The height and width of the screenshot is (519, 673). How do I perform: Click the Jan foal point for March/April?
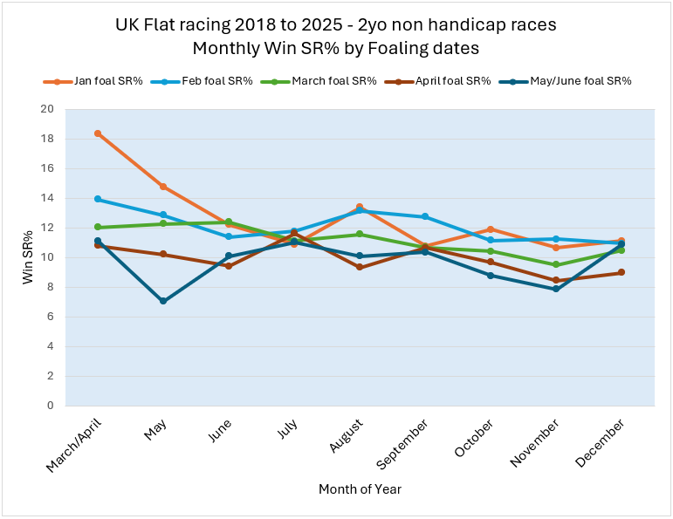pos(98,133)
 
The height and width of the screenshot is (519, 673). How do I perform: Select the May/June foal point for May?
pos(163,301)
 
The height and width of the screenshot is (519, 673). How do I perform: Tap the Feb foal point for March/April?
pos(98,199)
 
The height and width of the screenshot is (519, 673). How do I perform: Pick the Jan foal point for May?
pos(163,187)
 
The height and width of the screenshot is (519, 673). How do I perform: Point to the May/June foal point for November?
pos(555,289)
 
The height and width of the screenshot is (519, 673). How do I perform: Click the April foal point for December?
pos(621,272)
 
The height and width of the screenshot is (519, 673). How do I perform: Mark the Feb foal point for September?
pos(425,216)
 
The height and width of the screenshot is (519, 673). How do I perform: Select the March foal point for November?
pos(555,265)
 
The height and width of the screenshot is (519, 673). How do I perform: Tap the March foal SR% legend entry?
pos(335,81)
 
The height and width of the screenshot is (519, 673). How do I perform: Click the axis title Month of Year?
pos(360,489)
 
